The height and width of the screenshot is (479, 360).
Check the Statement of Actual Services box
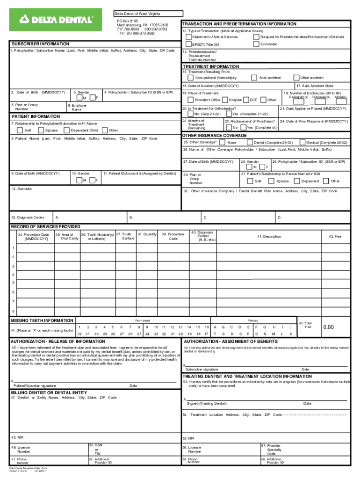click(188, 37)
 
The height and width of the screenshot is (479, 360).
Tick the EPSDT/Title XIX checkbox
click(188, 44)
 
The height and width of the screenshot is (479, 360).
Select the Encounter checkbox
click(256, 44)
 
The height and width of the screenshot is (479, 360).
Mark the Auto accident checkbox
click(254, 78)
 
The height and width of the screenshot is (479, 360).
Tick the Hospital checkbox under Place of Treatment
click(225, 100)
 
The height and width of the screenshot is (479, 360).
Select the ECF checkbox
click(246, 100)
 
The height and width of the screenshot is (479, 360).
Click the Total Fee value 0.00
click(329, 327)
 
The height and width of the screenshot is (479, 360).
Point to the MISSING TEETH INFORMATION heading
click(42, 320)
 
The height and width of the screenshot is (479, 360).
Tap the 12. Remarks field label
click(22, 189)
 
